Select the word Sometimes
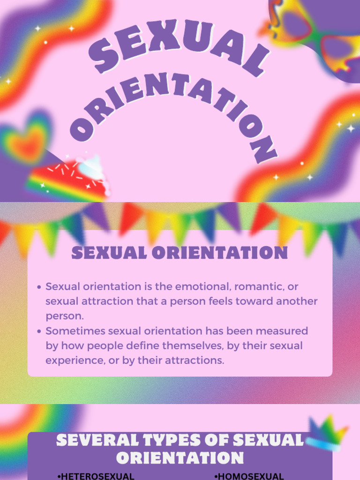click(75, 331)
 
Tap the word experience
click(71, 360)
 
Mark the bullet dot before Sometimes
click(39, 331)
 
